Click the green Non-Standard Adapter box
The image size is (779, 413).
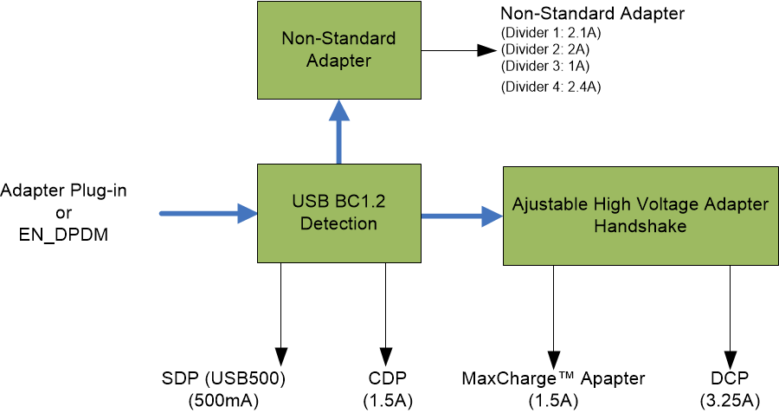(338, 49)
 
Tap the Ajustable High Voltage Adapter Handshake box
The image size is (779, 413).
(640, 215)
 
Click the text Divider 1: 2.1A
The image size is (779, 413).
(550, 32)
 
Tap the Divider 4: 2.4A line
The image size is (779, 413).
(550, 87)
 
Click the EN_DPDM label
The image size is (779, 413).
(62, 234)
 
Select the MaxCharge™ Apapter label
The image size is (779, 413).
(553, 378)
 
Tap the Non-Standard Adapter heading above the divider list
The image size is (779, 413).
(592, 13)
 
